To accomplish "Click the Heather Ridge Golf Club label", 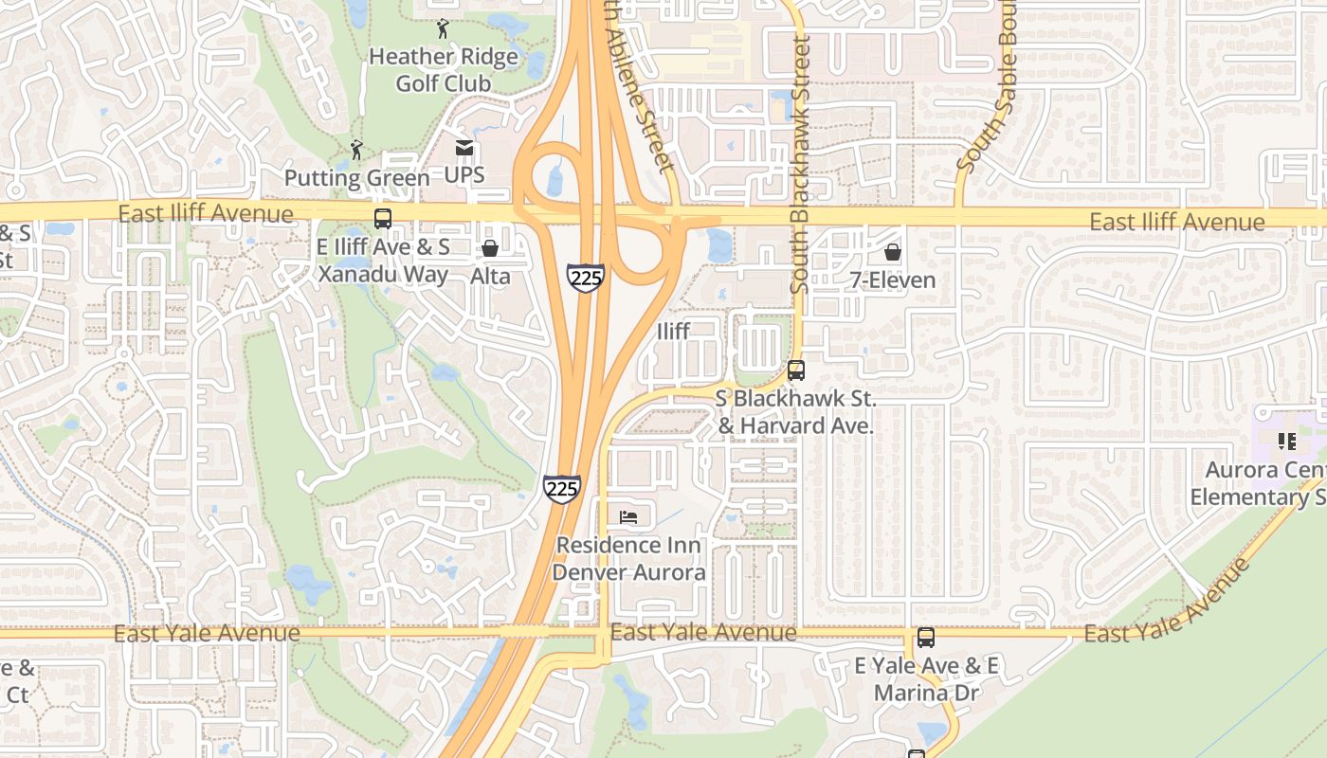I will (444, 70).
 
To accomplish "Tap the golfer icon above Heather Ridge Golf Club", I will (443, 28).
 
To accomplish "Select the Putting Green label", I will (356, 178).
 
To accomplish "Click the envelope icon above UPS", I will (464, 148).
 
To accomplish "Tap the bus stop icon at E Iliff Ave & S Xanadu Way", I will (383, 219).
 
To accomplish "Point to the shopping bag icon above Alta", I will (491, 249).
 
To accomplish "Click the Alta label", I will (491, 277).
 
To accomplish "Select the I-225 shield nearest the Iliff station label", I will (587, 278).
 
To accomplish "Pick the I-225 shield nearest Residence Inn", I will (562, 489).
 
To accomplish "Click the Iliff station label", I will (673, 331).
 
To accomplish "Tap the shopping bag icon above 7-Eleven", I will (892, 252).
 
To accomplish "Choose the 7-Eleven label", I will (892, 280).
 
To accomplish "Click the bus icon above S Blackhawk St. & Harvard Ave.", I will (796, 370).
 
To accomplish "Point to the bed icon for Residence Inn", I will (628, 516).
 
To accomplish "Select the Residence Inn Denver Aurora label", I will (629, 559).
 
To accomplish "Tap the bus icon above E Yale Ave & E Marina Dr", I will (926, 638).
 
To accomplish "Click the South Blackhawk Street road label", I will (801, 164).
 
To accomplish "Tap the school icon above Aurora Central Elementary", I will (1286, 441).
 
